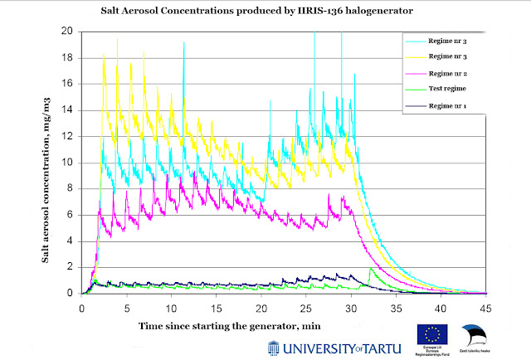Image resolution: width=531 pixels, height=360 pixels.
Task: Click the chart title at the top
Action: (x=266, y=13)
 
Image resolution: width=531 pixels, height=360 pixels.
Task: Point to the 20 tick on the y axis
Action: (x=70, y=32)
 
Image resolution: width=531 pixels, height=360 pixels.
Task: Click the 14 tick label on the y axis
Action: (x=70, y=110)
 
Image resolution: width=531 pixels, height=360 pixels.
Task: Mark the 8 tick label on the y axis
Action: (x=72, y=188)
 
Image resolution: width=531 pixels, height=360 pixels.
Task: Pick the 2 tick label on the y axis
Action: (x=72, y=267)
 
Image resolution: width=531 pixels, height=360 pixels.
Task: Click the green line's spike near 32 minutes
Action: (x=370, y=269)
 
